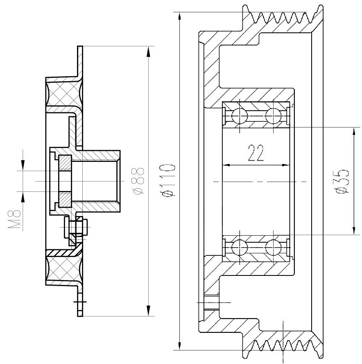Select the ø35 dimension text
tap(342, 181)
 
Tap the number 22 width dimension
tap(256, 153)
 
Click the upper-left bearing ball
tap(240, 116)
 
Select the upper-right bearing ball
tap(274, 116)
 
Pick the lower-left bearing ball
tap(240, 248)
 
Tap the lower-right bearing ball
tap(274, 248)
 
